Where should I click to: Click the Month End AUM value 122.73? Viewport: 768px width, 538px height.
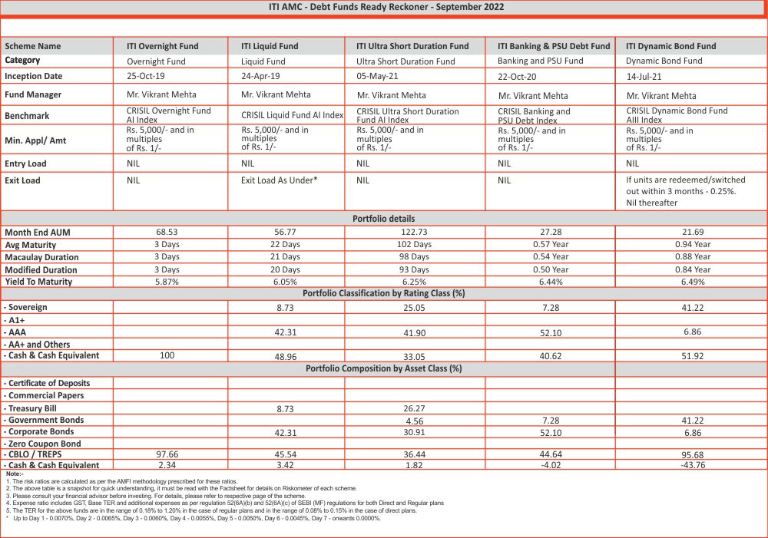pos(416,233)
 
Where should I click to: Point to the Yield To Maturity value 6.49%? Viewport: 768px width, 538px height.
pos(691,282)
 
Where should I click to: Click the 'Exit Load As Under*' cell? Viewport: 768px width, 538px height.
pos(280,180)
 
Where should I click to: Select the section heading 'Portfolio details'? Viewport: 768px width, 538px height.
pos(383,219)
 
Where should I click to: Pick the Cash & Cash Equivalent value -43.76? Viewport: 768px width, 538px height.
pos(691,465)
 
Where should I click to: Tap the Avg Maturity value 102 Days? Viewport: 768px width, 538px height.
pos(416,245)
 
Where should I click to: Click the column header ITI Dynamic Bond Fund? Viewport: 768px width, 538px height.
pos(667,46)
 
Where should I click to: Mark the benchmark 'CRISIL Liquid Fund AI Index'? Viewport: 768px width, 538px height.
pos(292,115)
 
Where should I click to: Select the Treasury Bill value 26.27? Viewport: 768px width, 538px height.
pos(416,409)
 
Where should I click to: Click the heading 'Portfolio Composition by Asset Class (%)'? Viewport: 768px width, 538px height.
pos(383,368)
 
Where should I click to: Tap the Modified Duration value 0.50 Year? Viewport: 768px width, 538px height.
pos(550,270)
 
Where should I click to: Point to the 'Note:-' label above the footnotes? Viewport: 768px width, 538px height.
pos(14,474)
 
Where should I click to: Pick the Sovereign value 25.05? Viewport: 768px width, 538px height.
pos(416,307)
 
